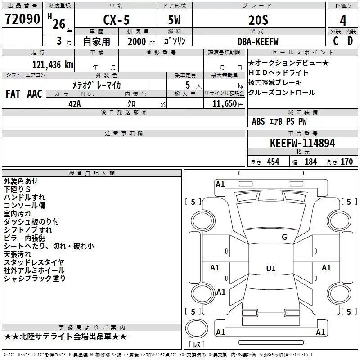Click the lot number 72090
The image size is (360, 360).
click(x=22, y=19)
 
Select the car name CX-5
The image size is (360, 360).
click(x=117, y=20)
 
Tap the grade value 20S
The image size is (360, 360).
click(x=258, y=20)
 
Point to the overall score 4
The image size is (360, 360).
click(x=343, y=21)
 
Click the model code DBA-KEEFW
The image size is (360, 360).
click(x=258, y=41)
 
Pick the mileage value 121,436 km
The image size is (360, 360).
click(x=53, y=65)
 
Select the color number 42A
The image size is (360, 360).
click(x=75, y=104)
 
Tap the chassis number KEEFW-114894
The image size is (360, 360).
click(x=302, y=143)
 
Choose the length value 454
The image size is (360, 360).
click(x=273, y=162)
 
